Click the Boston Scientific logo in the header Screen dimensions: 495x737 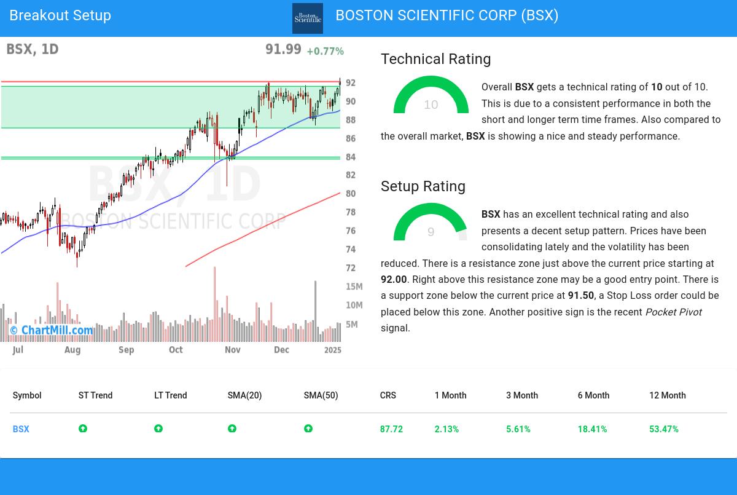click(308, 18)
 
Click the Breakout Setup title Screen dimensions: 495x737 click(60, 15)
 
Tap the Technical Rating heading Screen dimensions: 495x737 click(435, 59)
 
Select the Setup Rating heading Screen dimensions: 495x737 click(423, 186)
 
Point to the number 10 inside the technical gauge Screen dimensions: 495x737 click(431, 105)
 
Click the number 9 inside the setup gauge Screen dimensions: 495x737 click(431, 232)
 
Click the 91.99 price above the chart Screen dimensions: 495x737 click(283, 49)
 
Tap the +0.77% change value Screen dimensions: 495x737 click(325, 51)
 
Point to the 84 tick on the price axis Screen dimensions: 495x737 click(350, 157)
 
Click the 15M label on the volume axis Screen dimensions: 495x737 click(354, 287)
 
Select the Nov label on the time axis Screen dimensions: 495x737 click(232, 350)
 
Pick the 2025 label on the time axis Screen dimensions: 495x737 click(332, 350)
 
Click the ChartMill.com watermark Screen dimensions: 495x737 click(52, 331)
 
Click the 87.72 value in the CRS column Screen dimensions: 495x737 click(391, 429)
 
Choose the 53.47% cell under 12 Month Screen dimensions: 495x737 click(663, 429)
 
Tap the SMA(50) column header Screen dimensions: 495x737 click(321, 395)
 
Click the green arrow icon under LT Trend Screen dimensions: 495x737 click(158, 429)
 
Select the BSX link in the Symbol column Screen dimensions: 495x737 click(21, 429)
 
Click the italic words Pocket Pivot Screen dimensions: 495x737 click(673, 312)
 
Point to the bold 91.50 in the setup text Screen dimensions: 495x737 click(580, 296)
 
